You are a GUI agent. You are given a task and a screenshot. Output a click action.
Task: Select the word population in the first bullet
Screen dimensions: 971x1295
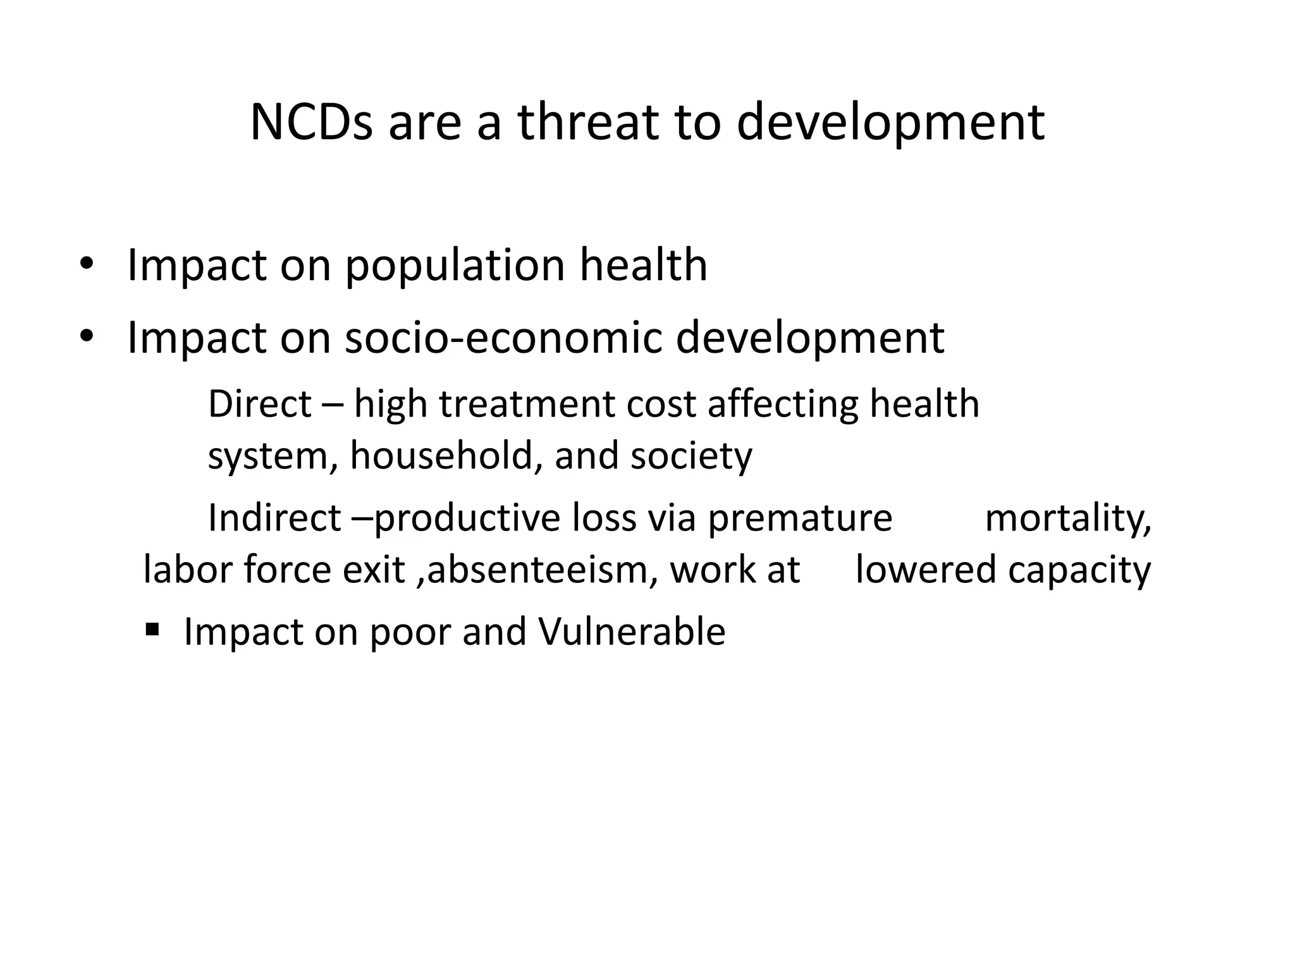click(x=455, y=266)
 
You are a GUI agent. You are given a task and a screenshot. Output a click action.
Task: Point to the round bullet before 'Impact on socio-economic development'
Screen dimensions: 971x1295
click(x=86, y=336)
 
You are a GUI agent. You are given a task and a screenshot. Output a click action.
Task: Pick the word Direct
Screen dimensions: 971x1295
click(x=259, y=405)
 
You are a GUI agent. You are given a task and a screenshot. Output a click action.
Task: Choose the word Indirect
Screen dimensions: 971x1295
click(x=274, y=518)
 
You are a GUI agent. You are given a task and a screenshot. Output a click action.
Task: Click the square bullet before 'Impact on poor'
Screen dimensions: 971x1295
click(x=152, y=630)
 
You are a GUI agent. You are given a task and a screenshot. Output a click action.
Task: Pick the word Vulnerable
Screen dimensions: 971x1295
click(x=632, y=632)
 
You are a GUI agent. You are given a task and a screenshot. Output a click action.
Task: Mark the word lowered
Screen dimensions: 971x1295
click(x=925, y=570)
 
